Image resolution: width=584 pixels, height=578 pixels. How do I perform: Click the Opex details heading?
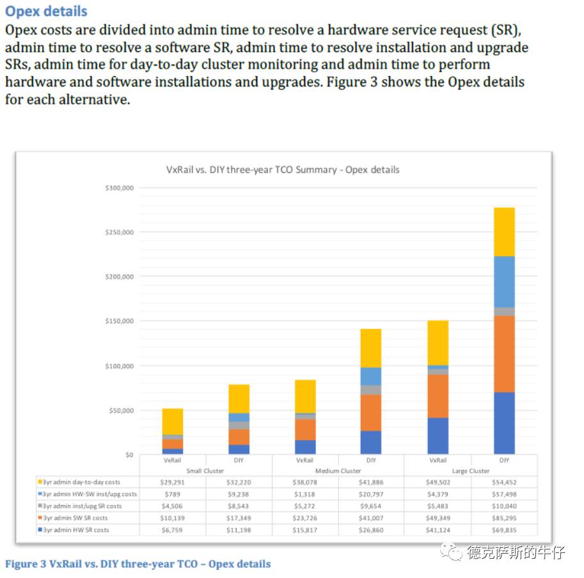tap(46, 12)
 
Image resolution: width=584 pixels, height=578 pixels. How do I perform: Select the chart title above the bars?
tap(282, 170)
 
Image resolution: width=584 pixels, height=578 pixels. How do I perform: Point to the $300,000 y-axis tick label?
tap(119, 188)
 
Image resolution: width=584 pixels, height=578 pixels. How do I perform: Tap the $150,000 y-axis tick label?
tap(119, 321)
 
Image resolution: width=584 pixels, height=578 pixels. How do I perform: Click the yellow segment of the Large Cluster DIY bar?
tap(504, 232)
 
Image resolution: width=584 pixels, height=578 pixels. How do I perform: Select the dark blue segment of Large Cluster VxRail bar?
tap(438, 436)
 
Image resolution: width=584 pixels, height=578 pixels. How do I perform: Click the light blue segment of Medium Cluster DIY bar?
tap(371, 376)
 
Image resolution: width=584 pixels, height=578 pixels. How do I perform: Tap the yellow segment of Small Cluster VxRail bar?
tap(172, 421)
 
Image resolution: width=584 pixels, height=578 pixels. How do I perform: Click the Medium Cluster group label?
tap(338, 470)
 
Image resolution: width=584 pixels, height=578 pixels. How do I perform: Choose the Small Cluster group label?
tap(205, 470)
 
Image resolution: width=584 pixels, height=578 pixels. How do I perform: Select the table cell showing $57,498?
tap(504, 494)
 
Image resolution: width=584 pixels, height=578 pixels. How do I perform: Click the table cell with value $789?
tap(172, 494)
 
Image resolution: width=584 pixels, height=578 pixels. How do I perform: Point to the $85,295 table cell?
tap(504, 518)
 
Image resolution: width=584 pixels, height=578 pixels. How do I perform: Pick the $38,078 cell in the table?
tap(304, 482)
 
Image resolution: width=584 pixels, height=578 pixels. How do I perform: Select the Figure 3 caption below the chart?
tap(138, 564)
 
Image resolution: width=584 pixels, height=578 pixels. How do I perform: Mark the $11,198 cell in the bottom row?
tap(238, 530)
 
